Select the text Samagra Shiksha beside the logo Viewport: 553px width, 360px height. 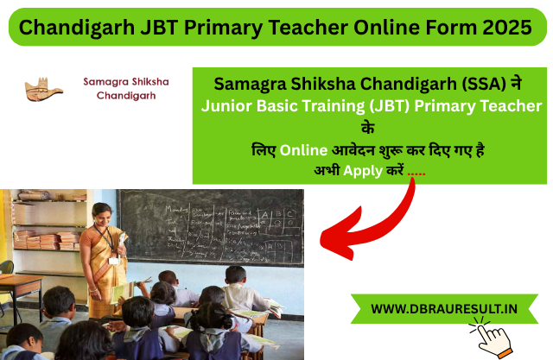point(126,81)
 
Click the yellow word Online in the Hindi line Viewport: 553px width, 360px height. point(303,148)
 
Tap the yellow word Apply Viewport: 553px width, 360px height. point(363,170)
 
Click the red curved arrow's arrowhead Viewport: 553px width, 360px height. point(334,232)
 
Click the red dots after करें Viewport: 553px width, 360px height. point(416,171)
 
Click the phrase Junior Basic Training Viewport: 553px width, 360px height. point(272,106)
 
